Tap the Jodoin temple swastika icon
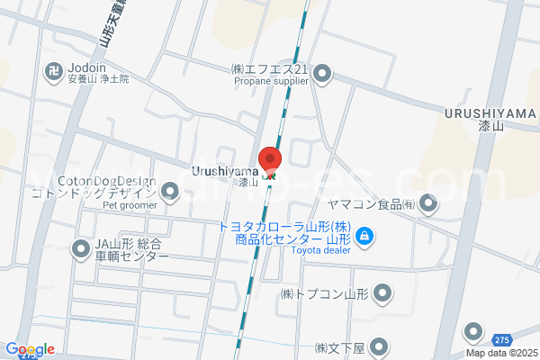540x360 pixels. pos(53,68)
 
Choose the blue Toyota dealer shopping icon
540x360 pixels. pos(364,238)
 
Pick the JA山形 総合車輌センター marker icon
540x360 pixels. pos(80,248)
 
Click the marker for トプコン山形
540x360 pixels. pos(383,292)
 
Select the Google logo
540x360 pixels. pos(30,349)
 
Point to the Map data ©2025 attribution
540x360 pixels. pos(501,354)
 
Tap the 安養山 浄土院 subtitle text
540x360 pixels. pos(98,80)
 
